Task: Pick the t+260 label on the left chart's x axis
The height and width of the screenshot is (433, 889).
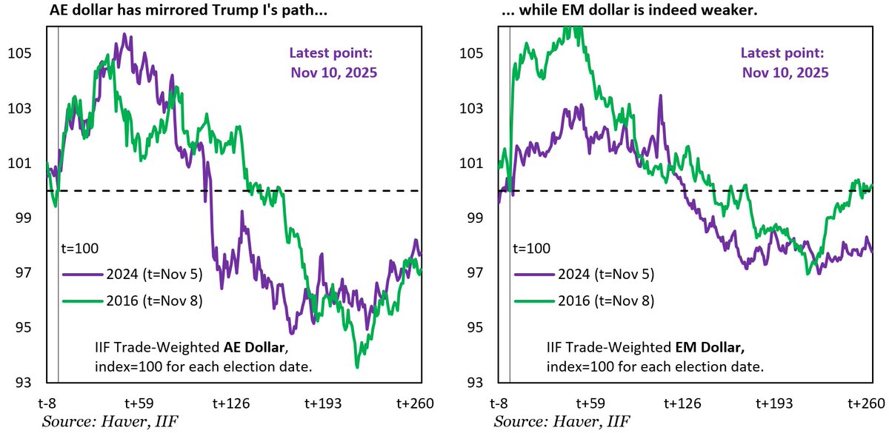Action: click(414, 403)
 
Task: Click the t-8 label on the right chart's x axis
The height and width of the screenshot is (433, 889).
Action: click(503, 403)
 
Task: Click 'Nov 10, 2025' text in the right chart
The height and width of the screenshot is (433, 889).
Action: click(785, 73)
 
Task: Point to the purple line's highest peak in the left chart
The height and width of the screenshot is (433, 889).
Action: click(124, 34)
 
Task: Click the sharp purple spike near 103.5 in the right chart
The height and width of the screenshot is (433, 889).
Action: click(658, 96)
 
